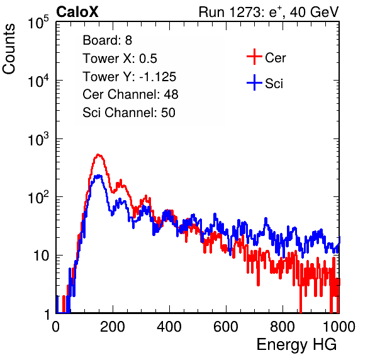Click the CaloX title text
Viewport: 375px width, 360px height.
(77, 12)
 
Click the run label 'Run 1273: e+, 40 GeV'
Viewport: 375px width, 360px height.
(269, 12)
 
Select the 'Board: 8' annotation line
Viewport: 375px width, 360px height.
(107, 40)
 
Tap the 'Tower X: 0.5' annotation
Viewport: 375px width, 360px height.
(120, 59)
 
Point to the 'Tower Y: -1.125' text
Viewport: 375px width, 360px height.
(130, 77)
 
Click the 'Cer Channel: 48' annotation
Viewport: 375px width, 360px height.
(130, 94)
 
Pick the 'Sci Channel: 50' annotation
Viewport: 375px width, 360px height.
(129, 113)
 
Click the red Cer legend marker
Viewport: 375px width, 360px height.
(254, 57)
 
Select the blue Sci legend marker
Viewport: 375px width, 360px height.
(254, 82)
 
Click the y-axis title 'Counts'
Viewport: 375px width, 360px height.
(9, 49)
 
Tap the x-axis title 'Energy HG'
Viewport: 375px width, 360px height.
(296, 345)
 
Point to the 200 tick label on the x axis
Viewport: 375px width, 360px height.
(113, 327)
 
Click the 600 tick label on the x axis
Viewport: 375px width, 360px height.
(226, 327)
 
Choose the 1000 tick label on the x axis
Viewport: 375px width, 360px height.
(339, 327)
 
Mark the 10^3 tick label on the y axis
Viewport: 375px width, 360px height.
(38, 138)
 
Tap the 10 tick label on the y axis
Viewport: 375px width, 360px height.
(41, 256)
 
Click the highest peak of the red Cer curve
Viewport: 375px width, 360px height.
(99, 155)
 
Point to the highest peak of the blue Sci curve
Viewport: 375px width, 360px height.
(99, 176)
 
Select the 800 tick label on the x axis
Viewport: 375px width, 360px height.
(283, 327)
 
